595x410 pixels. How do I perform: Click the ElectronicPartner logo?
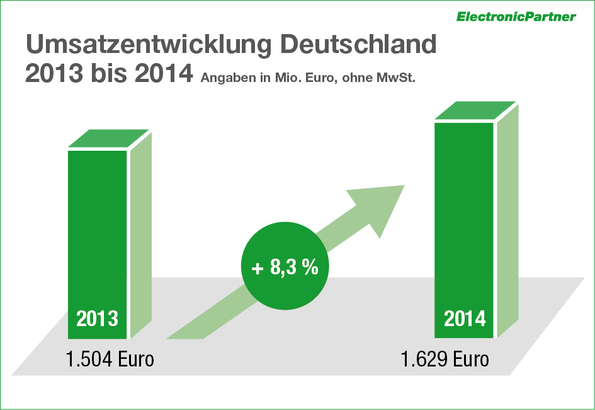pyautogui.click(x=516, y=16)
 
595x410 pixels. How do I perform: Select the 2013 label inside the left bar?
pyautogui.click(x=97, y=319)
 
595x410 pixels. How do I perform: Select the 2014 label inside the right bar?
pyautogui.click(x=465, y=319)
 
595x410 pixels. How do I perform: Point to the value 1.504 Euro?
pyautogui.click(x=110, y=360)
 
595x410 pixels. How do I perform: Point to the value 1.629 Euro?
pyautogui.click(x=445, y=360)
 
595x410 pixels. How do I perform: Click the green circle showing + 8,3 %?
pyautogui.click(x=285, y=267)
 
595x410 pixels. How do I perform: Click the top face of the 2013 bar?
pyautogui.click(x=108, y=138)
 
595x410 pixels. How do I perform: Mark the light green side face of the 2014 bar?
pyautogui.click(x=507, y=221)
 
